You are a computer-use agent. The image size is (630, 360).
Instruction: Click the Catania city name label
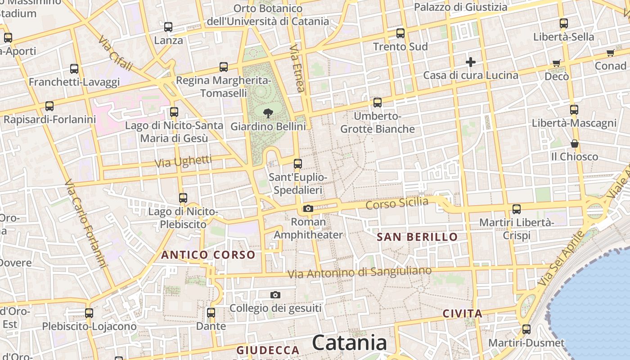(x=349, y=343)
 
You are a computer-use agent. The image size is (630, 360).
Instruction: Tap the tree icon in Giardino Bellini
(x=268, y=113)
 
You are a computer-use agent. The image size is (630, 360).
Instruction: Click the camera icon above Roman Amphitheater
(x=308, y=208)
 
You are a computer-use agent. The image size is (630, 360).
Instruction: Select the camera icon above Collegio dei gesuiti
(x=275, y=295)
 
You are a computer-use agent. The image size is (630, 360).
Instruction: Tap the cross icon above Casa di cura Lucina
(x=471, y=62)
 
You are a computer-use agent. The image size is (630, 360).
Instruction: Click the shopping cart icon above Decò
(x=557, y=63)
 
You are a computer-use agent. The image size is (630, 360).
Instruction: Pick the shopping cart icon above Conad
(x=611, y=53)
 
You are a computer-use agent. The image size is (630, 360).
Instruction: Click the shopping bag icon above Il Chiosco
(x=575, y=144)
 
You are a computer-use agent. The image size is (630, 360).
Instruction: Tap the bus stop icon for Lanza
(x=168, y=27)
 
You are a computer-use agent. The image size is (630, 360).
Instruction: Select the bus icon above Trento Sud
(x=400, y=33)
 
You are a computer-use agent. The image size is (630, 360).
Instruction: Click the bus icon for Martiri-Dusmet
(x=526, y=329)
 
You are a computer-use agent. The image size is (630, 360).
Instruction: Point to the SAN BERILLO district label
(x=417, y=237)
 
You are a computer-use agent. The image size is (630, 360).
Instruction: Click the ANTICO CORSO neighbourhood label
(x=208, y=255)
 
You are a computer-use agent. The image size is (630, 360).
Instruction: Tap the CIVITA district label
(x=463, y=314)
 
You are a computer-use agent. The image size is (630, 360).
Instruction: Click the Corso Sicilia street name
(x=397, y=203)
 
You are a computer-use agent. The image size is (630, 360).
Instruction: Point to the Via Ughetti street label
(x=183, y=162)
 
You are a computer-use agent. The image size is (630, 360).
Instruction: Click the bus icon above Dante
(x=211, y=312)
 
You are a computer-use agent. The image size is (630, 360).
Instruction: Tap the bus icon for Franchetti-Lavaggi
(x=74, y=69)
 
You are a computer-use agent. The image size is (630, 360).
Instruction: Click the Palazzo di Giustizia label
(x=460, y=7)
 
